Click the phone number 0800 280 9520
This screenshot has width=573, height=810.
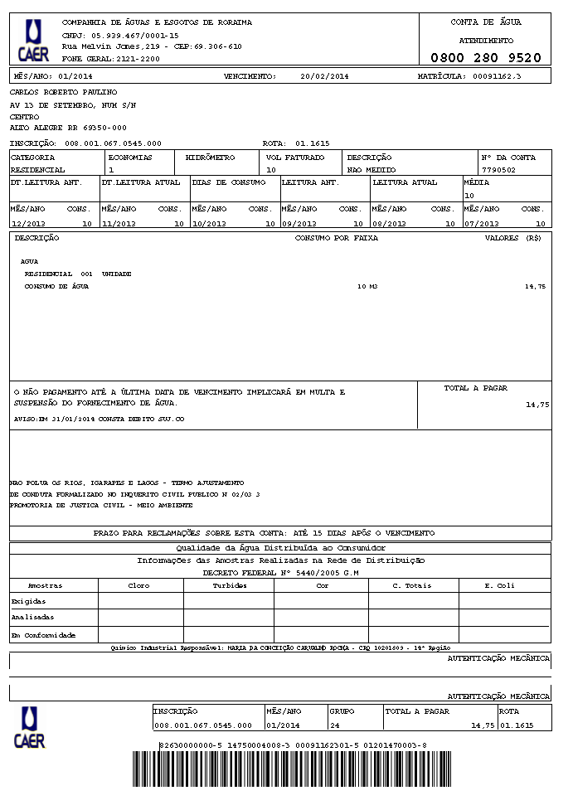(485, 58)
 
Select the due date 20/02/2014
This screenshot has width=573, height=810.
(325, 76)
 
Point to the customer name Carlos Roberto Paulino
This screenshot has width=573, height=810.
(63, 92)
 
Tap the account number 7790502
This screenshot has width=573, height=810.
(498, 169)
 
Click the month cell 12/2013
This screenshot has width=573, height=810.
(28, 224)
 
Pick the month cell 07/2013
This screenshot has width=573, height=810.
(482, 224)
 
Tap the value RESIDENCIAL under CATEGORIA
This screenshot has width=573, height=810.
(38, 169)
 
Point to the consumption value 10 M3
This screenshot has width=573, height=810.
(367, 286)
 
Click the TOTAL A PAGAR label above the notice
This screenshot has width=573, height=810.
(475, 388)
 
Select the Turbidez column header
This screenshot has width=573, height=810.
(229, 585)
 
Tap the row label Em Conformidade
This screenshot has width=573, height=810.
(43, 635)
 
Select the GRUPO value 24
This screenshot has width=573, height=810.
(334, 725)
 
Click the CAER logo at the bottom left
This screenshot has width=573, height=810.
(30, 728)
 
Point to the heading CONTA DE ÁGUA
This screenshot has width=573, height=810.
(485, 22)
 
